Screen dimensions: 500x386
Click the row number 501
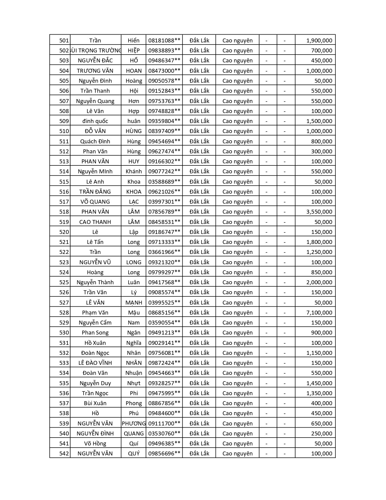pos(64,40)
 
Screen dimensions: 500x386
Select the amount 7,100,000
pos(319,312)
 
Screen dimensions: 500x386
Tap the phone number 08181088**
pos(164,40)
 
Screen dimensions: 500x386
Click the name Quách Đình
pos(95,141)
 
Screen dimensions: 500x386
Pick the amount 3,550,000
pos(319,212)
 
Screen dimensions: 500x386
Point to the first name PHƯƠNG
pos(134,423)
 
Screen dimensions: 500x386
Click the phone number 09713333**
pos(164,242)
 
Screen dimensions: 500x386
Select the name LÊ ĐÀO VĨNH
pos(95,363)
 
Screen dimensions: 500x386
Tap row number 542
pos(64,453)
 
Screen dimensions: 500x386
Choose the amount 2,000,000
pos(319,282)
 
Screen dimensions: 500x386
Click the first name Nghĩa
pos(134,343)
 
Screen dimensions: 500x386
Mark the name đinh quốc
pos(95,121)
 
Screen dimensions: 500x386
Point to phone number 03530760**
pos(164,433)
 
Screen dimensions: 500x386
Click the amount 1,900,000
pos(319,40)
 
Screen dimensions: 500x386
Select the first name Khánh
pos(134,171)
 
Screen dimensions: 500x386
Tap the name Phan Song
pos(95,332)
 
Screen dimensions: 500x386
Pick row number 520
pos(64,232)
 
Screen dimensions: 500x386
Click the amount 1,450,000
pos(319,383)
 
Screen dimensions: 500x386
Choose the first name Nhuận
pos(134,373)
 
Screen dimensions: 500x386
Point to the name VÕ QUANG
pos(95,202)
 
